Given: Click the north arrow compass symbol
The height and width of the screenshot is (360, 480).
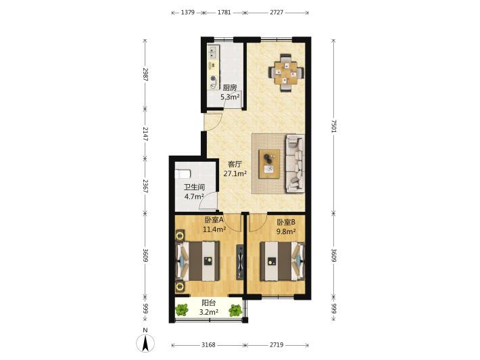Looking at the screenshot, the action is pyautogui.click(x=145, y=343).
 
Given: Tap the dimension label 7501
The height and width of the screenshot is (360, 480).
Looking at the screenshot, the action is pyautogui.click(x=334, y=126).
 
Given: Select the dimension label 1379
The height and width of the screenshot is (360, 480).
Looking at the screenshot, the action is pyautogui.click(x=188, y=13).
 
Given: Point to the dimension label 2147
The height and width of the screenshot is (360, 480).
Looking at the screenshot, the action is pyautogui.click(x=145, y=134).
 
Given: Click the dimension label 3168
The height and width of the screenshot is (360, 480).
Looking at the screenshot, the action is pyautogui.click(x=208, y=345).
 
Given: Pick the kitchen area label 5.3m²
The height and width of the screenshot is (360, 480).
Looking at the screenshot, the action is pyautogui.click(x=230, y=97).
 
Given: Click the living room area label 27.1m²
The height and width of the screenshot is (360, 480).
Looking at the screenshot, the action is pyautogui.click(x=235, y=174).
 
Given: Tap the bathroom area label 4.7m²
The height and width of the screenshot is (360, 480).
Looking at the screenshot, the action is pyautogui.click(x=194, y=196).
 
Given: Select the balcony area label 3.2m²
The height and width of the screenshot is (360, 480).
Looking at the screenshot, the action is pyautogui.click(x=208, y=312).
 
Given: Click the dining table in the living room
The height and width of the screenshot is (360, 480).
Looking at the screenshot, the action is pyautogui.click(x=286, y=72).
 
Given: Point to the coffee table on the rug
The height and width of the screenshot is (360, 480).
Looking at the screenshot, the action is pyautogui.click(x=269, y=164).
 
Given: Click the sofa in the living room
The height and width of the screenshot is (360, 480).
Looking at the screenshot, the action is pyautogui.click(x=295, y=164).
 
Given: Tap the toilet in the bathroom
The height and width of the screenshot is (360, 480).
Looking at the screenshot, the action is pyautogui.click(x=183, y=174).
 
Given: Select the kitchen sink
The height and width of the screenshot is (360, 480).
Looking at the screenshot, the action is pyautogui.click(x=213, y=52).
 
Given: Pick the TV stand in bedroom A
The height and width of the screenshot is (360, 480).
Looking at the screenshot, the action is pyautogui.click(x=240, y=262).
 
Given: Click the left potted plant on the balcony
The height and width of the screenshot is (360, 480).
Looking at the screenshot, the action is pyautogui.click(x=182, y=310).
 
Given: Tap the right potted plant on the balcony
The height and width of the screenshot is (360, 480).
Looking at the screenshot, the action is pyautogui.click(x=235, y=311).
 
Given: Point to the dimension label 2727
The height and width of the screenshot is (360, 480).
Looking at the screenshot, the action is pyautogui.click(x=277, y=13).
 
